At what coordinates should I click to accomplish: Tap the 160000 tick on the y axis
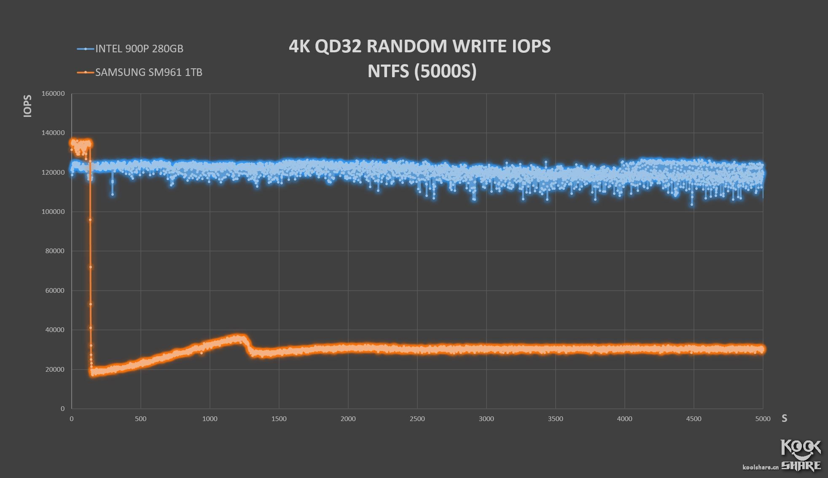(x=53, y=94)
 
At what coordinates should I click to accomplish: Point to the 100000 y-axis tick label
(x=53, y=212)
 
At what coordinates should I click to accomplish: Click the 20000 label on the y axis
(x=55, y=370)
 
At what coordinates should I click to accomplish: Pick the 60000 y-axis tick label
(x=55, y=291)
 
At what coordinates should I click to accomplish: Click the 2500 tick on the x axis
(x=417, y=419)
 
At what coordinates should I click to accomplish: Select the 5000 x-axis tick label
(x=763, y=419)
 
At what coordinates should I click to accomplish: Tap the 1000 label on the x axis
(x=210, y=419)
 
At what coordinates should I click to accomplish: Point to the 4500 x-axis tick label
(x=694, y=419)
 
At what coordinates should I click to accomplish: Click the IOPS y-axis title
(x=28, y=106)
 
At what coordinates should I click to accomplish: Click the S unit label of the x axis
(x=784, y=419)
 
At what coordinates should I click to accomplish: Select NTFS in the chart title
(x=388, y=71)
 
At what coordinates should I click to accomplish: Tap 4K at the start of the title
(x=299, y=46)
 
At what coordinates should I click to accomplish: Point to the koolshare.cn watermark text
(x=760, y=467)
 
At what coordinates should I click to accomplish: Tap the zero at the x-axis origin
(x=72, y=419)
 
